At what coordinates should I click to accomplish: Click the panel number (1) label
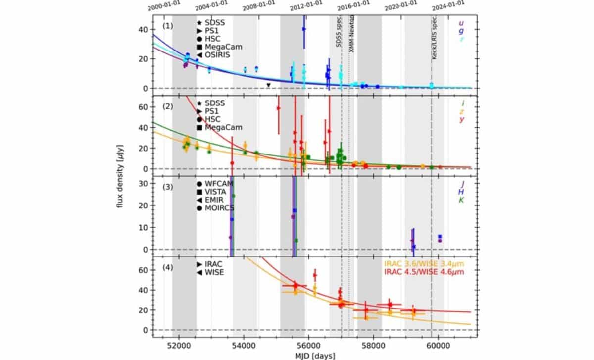point(168,25)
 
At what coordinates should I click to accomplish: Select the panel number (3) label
point(168,186)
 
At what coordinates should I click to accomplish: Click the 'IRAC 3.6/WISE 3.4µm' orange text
point(424,264)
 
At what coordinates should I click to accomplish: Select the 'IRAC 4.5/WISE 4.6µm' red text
point(424,273)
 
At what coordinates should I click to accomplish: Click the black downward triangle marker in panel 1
point(268,85)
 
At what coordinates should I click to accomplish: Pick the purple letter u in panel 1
point(461,23)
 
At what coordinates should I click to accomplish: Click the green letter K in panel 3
point(461,200)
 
